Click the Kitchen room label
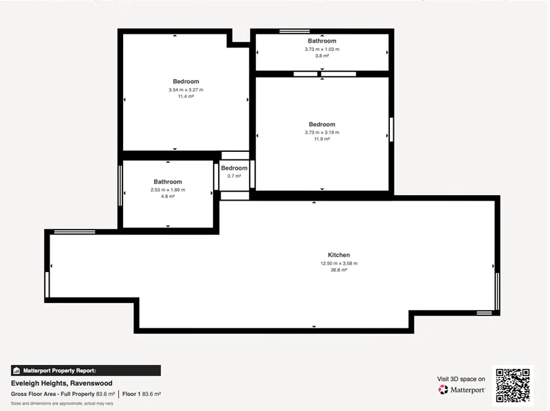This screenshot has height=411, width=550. coord(339,255)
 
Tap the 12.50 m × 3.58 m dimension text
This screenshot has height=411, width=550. coord(339,263)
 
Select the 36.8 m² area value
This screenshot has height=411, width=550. coord(339,270)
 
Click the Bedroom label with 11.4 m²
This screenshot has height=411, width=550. coord(186,81)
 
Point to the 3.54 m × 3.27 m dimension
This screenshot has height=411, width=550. coord(186,90)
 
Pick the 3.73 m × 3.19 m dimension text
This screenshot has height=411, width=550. coord(322,133)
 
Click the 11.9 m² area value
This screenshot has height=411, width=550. coord(322,140)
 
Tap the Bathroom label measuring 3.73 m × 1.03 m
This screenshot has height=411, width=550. coord(322,41)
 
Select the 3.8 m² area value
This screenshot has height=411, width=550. coord(322,56)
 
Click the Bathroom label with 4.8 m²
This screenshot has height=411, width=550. coord(168,181)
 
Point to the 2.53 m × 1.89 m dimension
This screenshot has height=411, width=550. coord(168,190)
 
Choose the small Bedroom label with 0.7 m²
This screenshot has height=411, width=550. coord(234,168)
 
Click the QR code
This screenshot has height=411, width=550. coord(513,386)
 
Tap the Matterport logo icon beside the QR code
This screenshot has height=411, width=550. coord(443,390)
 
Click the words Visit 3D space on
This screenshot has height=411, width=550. coord(461,379)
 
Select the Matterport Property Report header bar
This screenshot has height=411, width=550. coord(86,370)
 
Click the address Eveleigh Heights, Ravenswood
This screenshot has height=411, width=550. coord(62,384)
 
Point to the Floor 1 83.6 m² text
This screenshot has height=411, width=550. coord(142,395)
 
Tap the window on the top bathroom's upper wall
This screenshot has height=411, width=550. coord(295,31)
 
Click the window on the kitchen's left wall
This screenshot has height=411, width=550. coord(47,285)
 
